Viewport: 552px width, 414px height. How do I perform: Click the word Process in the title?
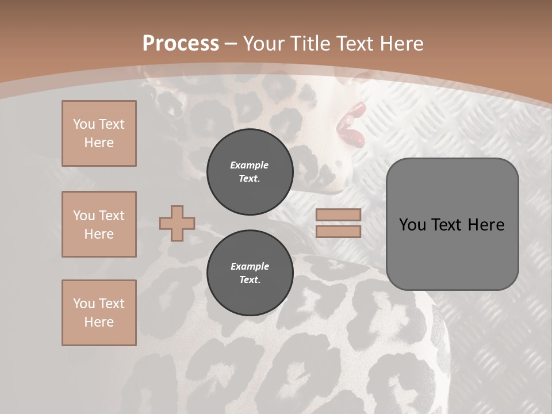click(181, 44)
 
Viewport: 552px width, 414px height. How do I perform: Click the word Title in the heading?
click(310, 44)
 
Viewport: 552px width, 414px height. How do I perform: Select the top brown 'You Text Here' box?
click(99, 133)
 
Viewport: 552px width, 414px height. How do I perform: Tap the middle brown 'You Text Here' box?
click(99, 224)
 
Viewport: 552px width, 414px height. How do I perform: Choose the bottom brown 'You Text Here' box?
click(99, 313)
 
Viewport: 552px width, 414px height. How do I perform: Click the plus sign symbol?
click(177, 223)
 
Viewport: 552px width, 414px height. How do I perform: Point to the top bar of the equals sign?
click(338, 214)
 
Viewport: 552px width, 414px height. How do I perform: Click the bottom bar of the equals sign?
click(338, 231)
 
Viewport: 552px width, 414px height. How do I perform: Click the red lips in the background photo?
click(351, 125)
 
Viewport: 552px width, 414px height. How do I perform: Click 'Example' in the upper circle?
click(250, 165)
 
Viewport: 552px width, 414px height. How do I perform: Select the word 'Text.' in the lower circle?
click(250, 280)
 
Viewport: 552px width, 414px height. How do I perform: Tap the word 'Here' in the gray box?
click(486, 225)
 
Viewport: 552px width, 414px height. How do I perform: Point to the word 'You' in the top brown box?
click(83, 124)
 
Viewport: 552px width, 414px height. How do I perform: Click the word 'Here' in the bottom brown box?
click(99, 322)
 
